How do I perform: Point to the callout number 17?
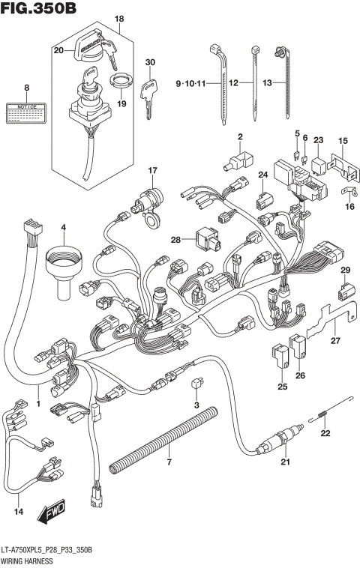[152, 170]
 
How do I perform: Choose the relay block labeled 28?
[205, 239]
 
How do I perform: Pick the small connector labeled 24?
[262, 200]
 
